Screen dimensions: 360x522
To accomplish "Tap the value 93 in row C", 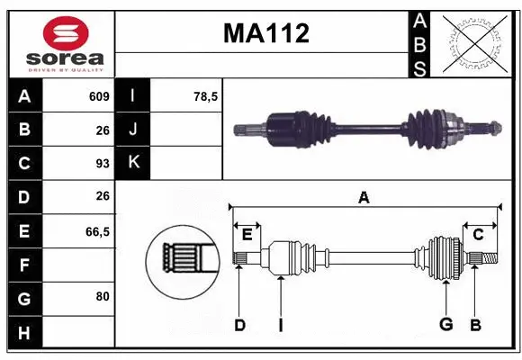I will [x=102, y=164].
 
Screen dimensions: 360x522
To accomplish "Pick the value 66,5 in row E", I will [x=96, y=231].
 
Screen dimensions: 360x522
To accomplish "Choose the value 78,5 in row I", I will [x=207, y=96].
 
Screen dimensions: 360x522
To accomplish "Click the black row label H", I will [x=24, y=333].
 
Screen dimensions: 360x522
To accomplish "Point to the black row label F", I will [x=24, y=265].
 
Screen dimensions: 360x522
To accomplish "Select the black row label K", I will [x=133, y=164].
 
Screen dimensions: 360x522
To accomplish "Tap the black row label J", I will [x=133, y=130].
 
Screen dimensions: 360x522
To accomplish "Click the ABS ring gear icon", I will [x=475, y=43].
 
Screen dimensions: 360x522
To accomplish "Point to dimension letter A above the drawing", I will [x=364, y=197].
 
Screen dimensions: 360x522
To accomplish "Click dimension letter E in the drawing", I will [x=247, y=235].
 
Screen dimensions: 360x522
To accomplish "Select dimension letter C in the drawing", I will [x=479, y=235].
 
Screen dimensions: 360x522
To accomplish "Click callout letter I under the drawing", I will [x=281, y=325].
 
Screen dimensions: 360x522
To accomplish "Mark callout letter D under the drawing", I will [x=239, y=325].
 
